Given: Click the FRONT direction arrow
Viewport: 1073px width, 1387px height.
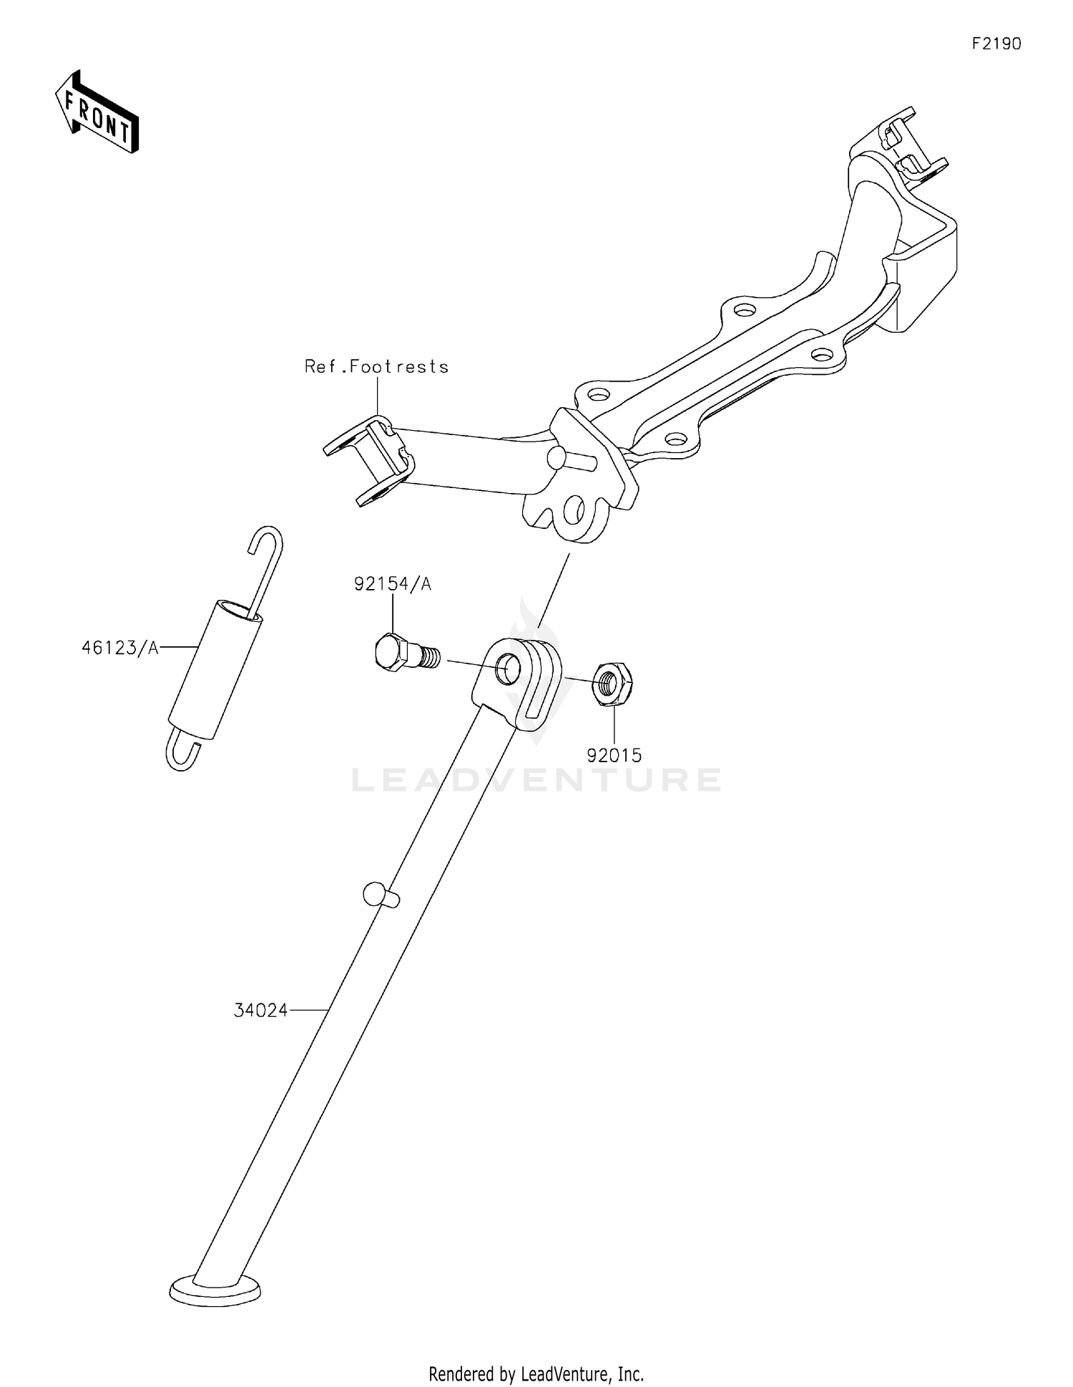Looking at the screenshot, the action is point(97,112).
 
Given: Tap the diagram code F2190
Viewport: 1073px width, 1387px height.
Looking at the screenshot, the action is point(996,44).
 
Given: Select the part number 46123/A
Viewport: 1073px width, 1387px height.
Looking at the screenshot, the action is point(119,648).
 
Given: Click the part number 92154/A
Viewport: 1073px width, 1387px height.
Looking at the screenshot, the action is point(393,585).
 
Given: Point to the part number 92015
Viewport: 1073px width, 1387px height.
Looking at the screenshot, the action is point(614,755).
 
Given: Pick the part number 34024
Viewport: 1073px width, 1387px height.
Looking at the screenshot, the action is point(261,1011).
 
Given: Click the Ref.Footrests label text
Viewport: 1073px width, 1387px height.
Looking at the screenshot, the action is point(377,366).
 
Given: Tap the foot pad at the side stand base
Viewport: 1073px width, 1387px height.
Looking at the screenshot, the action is point(215,1290).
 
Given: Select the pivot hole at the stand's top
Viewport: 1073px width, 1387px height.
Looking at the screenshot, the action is point(509,667).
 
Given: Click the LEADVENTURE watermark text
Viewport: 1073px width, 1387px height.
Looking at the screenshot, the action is point(536,779).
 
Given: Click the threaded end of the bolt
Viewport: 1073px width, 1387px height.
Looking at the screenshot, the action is point(428,656).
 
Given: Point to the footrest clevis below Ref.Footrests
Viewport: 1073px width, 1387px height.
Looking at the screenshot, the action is point(368,462).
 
